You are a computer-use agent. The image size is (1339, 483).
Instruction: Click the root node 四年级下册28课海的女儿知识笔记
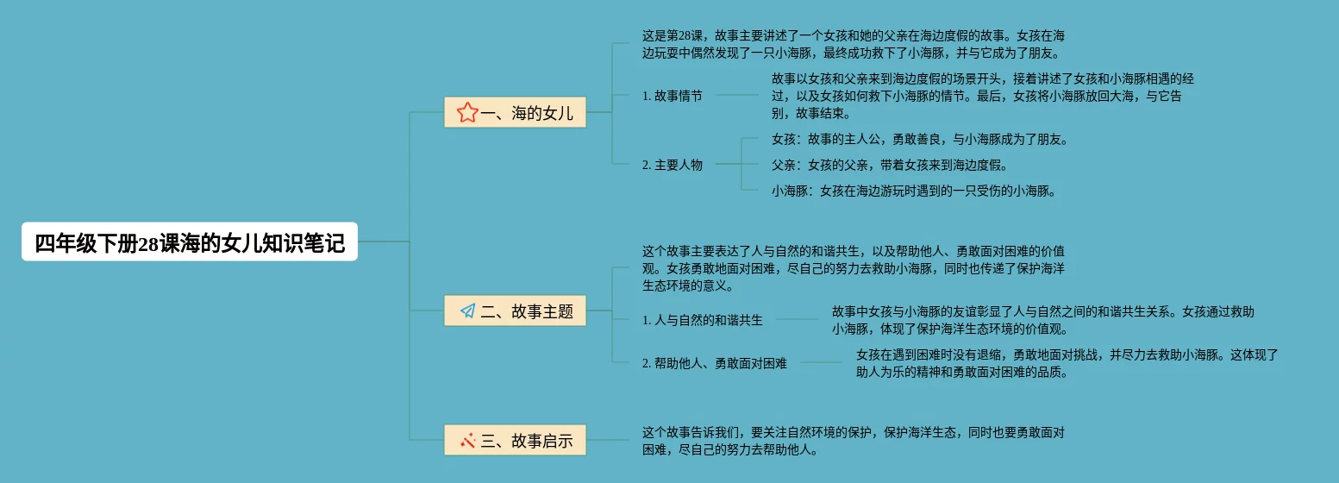(190, 242)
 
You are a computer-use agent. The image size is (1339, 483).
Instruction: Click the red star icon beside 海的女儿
(467, 112)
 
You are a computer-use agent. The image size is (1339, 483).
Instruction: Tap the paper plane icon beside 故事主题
(468, 310)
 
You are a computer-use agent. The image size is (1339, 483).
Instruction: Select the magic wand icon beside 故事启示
(468, 441)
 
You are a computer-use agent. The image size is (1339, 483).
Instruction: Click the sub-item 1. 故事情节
(673, 96)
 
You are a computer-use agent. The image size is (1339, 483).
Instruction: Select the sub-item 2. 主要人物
(673, 165)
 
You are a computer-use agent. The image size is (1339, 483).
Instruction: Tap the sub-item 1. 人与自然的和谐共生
(703, 320)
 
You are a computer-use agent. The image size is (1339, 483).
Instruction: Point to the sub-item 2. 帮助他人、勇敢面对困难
(715, 363)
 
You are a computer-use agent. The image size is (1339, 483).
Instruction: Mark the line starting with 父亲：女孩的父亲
(889, 165)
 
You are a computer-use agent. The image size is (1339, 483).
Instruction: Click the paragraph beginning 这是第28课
(854, 44)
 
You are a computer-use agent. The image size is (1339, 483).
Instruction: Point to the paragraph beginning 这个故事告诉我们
(854, 441)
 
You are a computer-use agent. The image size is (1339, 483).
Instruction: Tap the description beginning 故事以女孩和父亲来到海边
(983, 96)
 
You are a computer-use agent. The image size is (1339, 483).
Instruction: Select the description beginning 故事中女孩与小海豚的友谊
(1043, 320)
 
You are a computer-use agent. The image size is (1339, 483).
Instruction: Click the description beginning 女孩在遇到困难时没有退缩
(1067, 363)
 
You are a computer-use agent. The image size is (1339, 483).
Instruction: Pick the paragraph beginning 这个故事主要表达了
(854, 268)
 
